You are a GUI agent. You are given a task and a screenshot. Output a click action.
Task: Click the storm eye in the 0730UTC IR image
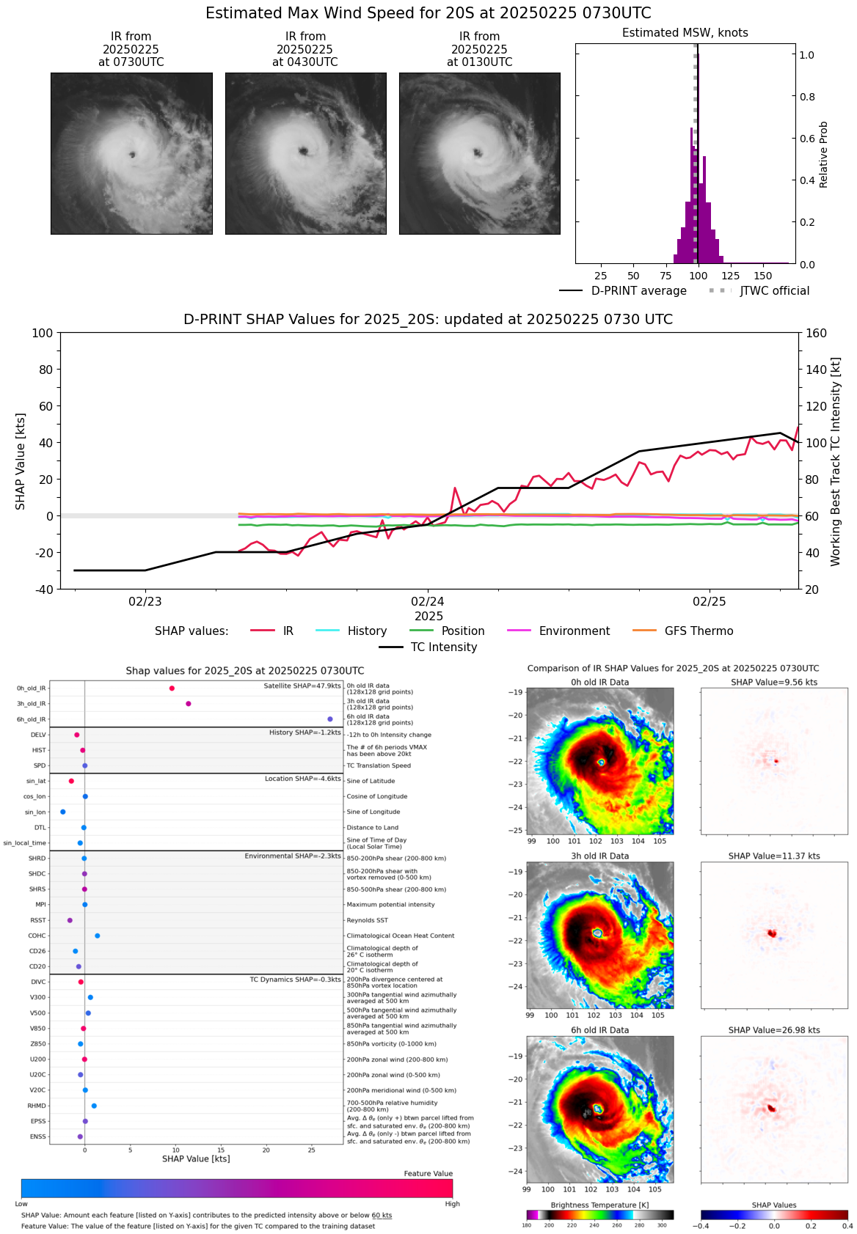133,155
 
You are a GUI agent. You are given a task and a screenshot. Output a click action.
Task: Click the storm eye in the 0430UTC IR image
303,151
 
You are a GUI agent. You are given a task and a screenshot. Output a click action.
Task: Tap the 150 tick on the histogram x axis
763,276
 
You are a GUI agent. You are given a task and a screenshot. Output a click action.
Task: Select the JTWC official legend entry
774,291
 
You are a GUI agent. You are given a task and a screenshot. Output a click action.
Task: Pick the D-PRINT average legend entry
638,291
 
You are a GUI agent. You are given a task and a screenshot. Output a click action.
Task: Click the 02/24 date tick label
428,602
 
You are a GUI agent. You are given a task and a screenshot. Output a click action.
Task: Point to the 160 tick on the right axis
817,334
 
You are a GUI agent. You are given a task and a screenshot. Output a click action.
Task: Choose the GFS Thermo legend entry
699,631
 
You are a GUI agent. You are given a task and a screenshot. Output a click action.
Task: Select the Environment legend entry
574,631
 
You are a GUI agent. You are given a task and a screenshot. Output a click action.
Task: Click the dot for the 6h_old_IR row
330,719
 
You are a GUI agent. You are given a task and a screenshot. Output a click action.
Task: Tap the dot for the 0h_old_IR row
172,688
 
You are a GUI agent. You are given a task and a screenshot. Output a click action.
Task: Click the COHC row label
37,936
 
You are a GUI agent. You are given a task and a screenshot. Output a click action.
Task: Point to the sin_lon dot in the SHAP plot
63,812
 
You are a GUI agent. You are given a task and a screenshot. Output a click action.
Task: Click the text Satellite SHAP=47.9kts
302,686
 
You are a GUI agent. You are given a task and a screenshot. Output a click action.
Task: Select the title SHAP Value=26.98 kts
774,1030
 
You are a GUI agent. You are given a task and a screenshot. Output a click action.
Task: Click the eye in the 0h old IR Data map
601,763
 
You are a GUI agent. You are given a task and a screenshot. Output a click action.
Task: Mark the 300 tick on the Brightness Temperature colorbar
662,1225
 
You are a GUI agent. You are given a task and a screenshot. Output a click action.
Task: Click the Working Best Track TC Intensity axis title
836,462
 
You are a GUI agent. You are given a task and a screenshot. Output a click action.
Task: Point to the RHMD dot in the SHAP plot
94,1106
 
